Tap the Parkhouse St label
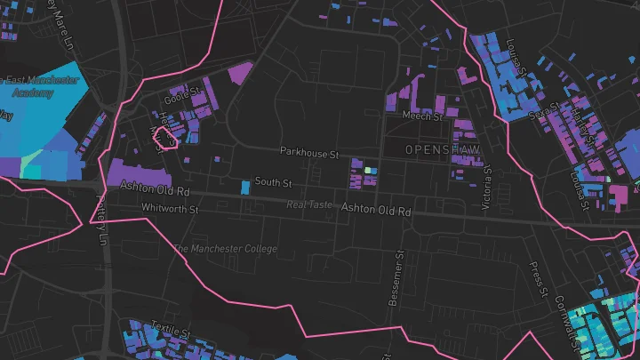pyautogui.click(x=310, y=154)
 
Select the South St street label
pyautogui.click(x=273, y=182)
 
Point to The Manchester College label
pyautogui.click(x=226, y=249)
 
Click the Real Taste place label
pyautogui.click(x=309, y=205)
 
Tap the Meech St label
pyautogui.click(x=422, y=116)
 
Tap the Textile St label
pyautogui.click(x=172, y=330)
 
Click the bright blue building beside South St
pyautogui.click(x=245, y=188)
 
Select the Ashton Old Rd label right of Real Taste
pyautogui.click(x=378, y=211)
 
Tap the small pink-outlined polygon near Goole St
pyautogui.click(x=164, y=137)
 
